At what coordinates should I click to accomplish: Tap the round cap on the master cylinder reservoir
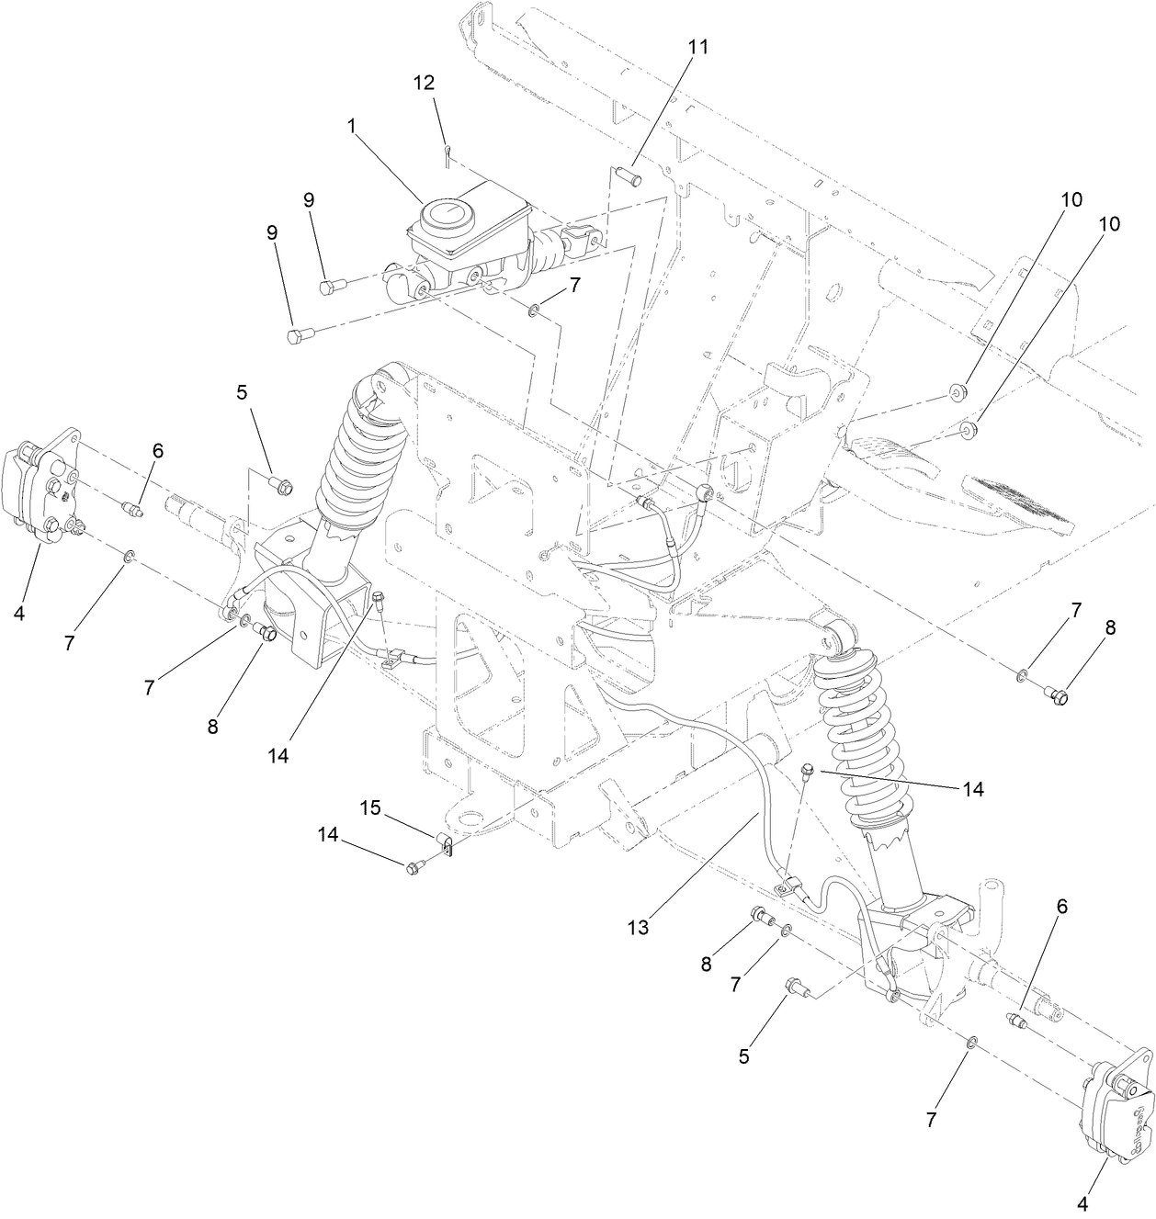pos(445,219)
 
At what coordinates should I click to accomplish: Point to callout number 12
pos(424,82)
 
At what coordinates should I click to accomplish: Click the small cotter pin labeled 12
pos(447,154)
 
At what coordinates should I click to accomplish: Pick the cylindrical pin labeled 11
pos(631,172)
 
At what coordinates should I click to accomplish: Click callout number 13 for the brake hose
pos(638,928)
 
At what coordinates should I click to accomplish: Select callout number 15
pos(369,807)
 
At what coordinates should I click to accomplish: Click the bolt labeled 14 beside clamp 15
pos(413,866)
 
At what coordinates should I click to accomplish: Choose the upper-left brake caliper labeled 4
pos(40,488)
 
